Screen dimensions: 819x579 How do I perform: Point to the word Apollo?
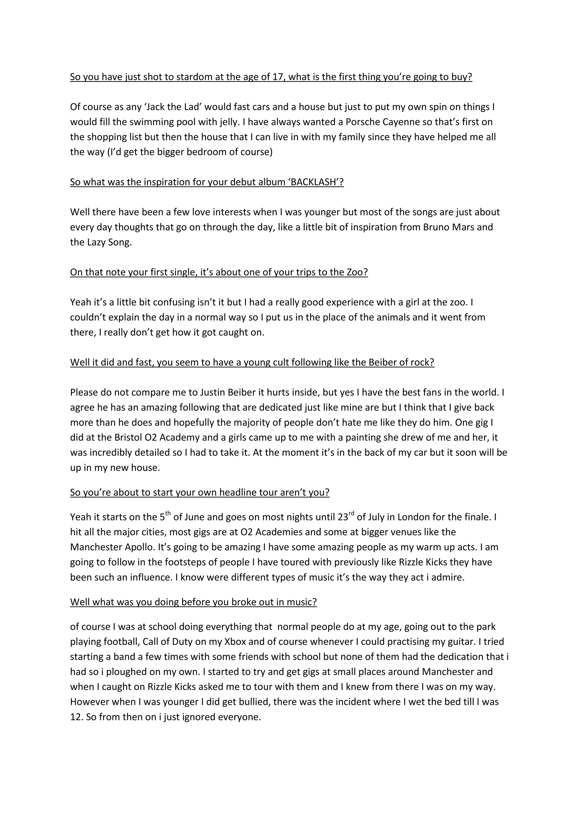135,547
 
